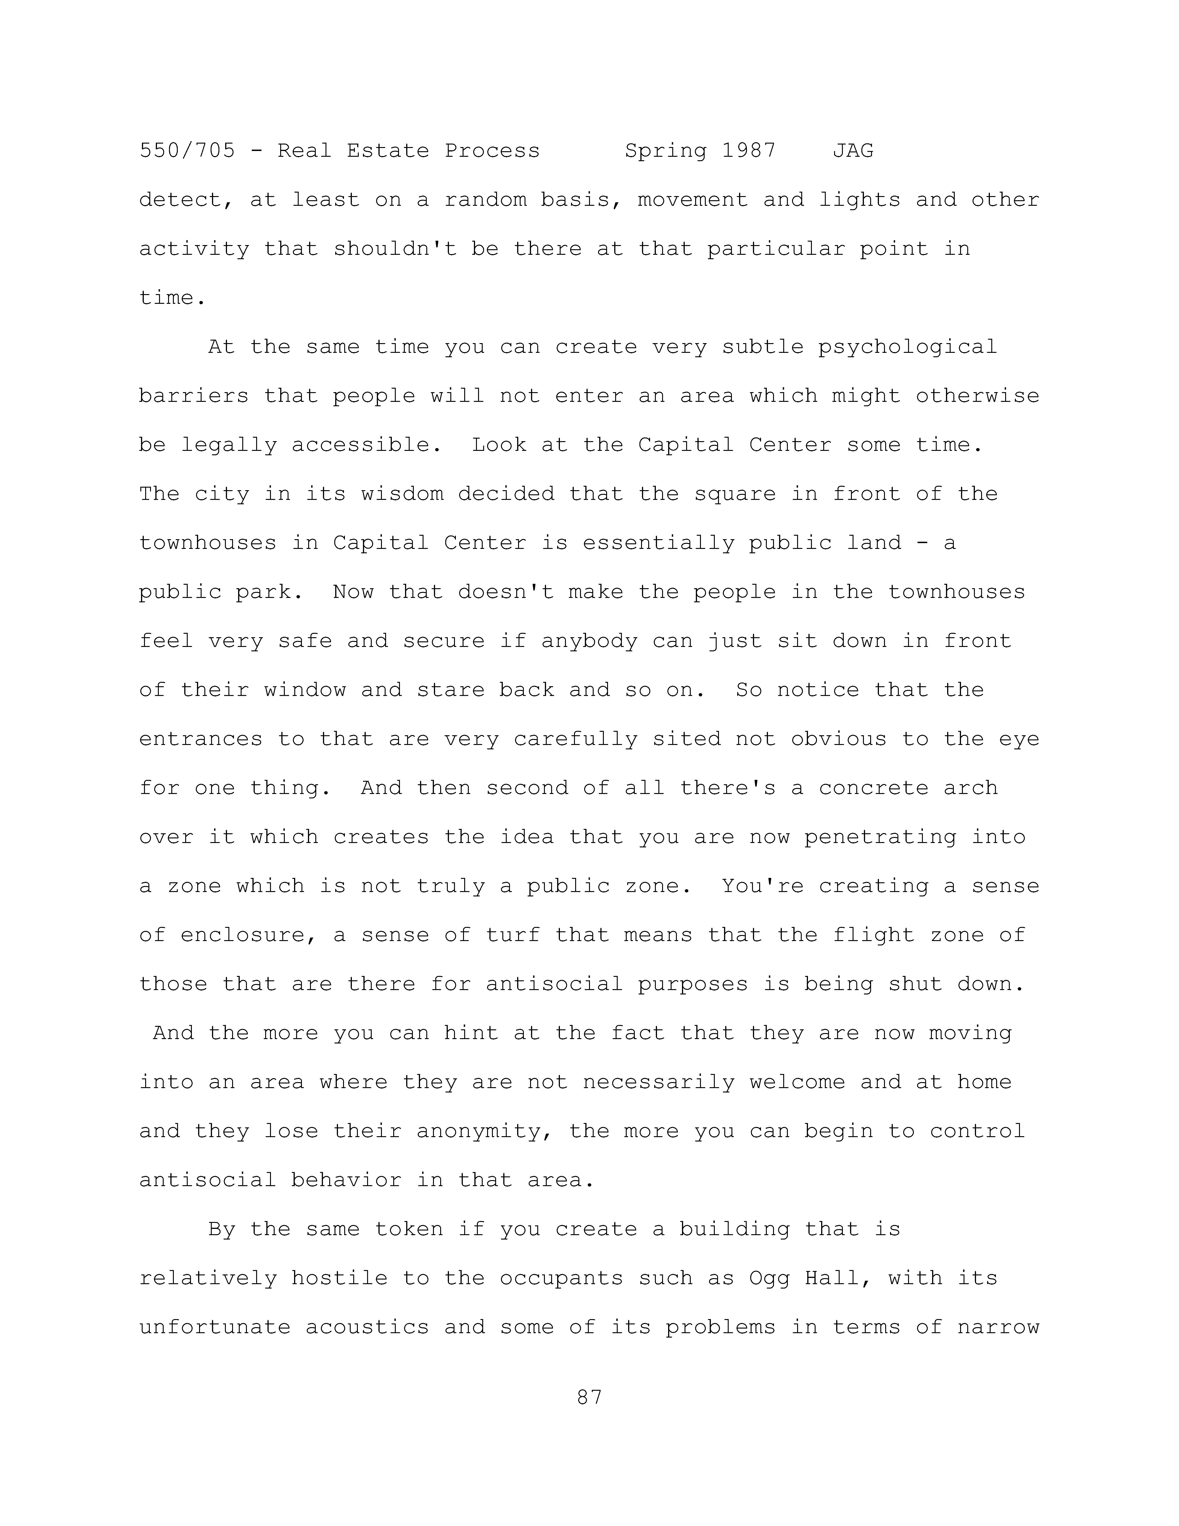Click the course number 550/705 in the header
coord(187,151)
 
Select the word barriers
coord(193,396)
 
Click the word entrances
coord(200,739)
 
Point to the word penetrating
coord(880,837)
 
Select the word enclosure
coord(242,935)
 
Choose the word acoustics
coord(367,1328)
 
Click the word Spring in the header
coord(665,151)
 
